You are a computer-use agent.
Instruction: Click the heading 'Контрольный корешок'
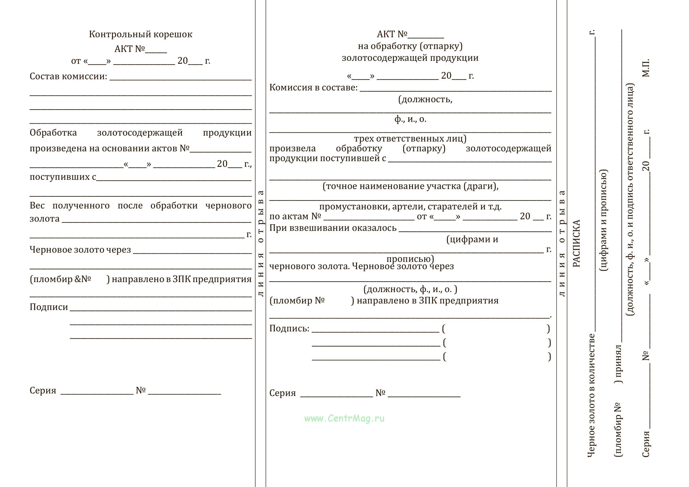click(x=140, y=34)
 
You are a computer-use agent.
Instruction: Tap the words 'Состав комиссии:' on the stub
click(x=68, y=76)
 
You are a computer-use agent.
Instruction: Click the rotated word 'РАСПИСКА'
click(x=577, y=243)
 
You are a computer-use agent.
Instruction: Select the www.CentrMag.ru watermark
click(x=344, y=418)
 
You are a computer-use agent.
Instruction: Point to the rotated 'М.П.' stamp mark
click(x=646, y=68)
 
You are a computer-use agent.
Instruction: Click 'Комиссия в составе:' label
click(x=313, y=88)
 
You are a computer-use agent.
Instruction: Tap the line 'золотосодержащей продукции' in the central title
click(x=410, y=58)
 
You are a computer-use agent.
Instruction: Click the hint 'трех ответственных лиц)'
click(x=410, y=139)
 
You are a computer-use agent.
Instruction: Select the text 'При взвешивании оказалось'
click(x=333, y=228)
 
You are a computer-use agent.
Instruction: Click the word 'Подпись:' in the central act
click(x=289, y=328)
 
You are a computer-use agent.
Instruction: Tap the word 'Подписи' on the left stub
click(x=49, y=307)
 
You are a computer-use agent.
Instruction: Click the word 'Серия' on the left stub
click(x=43, y=391)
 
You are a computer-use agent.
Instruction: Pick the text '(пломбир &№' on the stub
click(x=60, y=279)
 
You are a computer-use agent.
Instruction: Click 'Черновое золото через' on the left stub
click(x=80, y=250)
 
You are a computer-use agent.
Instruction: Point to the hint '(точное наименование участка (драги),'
click(x=410, y=186)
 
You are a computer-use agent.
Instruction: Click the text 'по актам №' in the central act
click(x=295, y=217)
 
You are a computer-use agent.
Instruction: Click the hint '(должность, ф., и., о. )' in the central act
click(x=410, y=289)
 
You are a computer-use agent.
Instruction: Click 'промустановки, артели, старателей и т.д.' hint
click(x=410, y=207)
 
